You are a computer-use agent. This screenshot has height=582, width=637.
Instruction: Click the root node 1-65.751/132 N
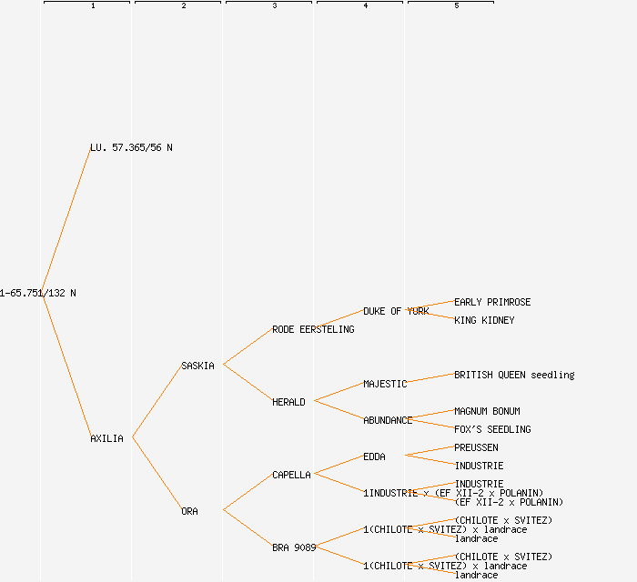[x=38, y=293]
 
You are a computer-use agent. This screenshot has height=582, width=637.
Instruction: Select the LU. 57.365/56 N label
[x=131, y=147]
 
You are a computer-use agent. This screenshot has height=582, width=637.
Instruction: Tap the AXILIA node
[x=106, y=438]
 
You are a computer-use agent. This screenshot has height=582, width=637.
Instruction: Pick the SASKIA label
[x=197, y=366]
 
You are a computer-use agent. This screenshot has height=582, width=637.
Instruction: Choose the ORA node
[x=189, y=511]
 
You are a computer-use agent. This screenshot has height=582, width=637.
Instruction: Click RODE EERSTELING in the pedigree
[x=313, y=329]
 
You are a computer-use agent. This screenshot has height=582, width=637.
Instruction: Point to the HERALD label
[x=288, y=402]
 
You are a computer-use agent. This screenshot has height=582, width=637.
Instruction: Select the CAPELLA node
[x=291, y=475]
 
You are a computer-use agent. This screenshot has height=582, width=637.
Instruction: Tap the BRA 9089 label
[x=294, y=547]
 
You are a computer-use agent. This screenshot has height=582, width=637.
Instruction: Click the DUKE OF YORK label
[x=396, y=311]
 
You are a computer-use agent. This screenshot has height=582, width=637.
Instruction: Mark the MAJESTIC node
[x=385, y=384]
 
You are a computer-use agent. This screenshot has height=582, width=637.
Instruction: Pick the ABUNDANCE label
[x=388, y=420]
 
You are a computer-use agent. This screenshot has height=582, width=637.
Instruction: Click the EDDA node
[x=374, y=457]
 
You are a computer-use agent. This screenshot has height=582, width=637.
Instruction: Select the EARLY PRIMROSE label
[x=492, y=302]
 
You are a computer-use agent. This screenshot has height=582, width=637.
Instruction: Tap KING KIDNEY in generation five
[x=484, y=320]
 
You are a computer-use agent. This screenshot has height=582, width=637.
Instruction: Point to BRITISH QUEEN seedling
[x=514, y=375]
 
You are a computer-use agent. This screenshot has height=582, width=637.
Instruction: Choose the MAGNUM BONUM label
[x=487, y=411]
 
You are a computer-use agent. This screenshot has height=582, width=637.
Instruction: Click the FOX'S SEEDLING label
[x=492, y=429]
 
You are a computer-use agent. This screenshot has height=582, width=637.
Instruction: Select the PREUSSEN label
[x=476, y=447]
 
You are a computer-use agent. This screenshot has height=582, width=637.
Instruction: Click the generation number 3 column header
[x=274, y=6]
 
